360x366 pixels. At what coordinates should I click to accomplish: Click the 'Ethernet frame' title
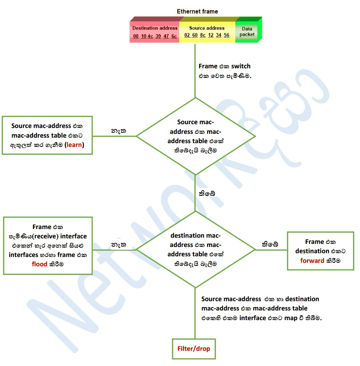click(197, 11)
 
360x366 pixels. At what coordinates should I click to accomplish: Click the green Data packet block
click(248, 32)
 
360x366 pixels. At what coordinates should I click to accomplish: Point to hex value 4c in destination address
click(150, 36)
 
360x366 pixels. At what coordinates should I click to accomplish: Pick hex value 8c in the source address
click(203, 35)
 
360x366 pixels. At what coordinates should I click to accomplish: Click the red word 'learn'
click(74, 145)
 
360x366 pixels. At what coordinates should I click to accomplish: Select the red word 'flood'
click(40, 265)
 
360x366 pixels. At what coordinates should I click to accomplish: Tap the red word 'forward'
click(312, 260)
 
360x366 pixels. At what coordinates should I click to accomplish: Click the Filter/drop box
click(194, 348)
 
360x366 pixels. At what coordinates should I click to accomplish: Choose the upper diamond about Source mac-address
click(195, 136)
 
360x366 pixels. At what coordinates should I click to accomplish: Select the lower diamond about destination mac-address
click(195, 249)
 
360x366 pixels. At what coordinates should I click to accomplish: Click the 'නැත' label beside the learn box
click(118, 131)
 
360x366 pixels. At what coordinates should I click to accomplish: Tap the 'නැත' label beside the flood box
click(119, 244)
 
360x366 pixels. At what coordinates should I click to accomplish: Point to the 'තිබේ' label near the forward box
click(270, 244)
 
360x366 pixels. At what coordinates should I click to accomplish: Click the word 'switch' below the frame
click(239, 66)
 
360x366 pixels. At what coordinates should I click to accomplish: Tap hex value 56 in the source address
click(226, 35)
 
